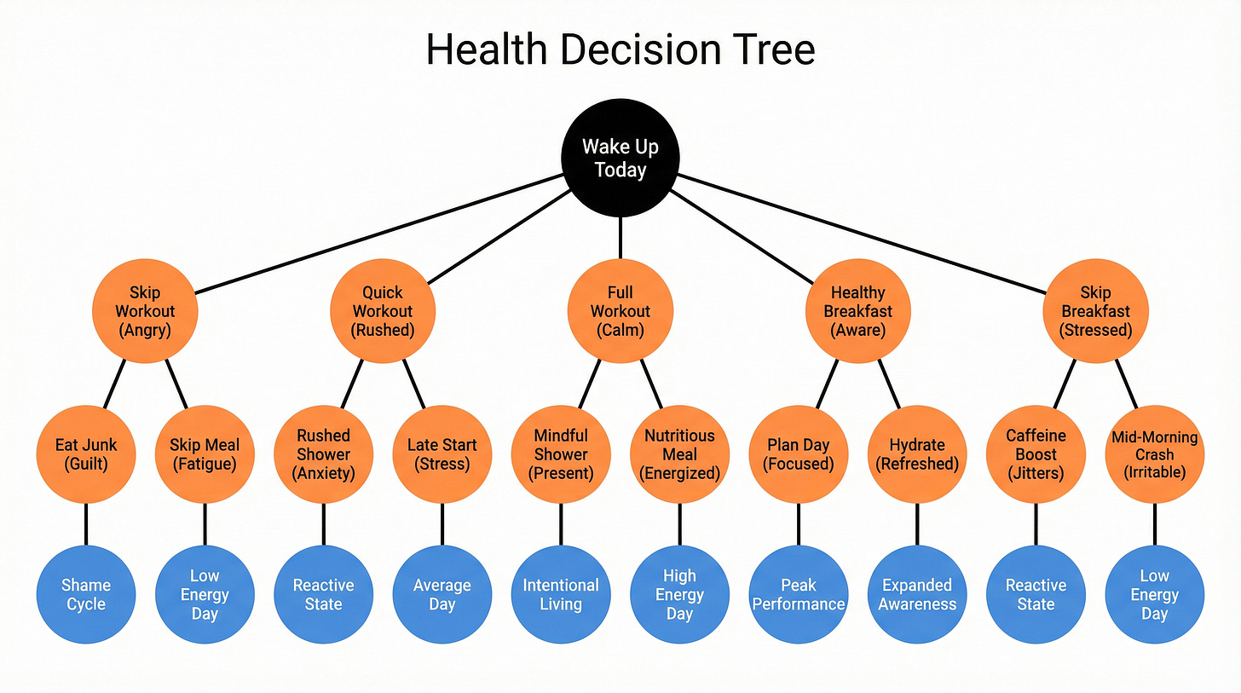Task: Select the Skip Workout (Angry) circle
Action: [145, 311]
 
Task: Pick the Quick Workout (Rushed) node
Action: [383, 311]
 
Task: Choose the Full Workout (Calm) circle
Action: [620, 311]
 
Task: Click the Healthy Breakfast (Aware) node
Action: [858, 311]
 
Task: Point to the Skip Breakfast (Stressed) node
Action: [1096, 311]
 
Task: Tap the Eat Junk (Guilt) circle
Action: [86, 454]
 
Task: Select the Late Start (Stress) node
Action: [442, 454]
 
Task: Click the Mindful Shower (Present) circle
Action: [561, 454]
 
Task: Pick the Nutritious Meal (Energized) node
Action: [679, 454]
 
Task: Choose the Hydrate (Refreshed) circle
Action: [917, 454]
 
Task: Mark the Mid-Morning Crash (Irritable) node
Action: [1155, 454]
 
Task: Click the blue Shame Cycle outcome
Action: [86, 595]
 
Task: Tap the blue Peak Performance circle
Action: [799, 595]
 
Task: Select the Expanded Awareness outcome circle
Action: [917, 595]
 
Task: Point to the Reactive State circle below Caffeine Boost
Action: [1036, 595]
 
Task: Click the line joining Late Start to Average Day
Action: [442, 524]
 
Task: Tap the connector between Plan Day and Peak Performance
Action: [799, 524]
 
